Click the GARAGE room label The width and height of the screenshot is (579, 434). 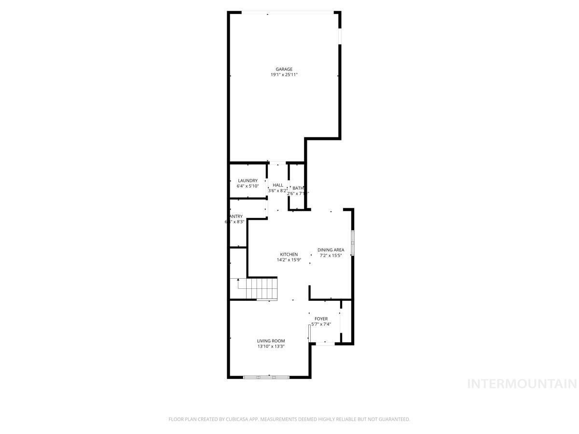coord(284,69)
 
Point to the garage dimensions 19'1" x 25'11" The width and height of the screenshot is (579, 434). coord(284,75)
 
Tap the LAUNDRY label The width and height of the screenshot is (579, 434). coord(248,181)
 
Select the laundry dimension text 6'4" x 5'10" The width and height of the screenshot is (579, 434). coord(248,186)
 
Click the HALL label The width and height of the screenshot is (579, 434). coord(278,185)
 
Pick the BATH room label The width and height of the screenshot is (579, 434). coord(298,188)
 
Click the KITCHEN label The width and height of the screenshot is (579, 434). coord(289,255)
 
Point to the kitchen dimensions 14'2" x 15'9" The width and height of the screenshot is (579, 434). coord(289,260)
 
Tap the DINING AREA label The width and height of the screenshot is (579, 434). coord(331,250)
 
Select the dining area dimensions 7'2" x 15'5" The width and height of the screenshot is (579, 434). coord(331,256)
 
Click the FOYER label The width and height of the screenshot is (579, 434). coord(321,319)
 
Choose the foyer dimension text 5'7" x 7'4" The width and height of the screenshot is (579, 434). coord(321,324)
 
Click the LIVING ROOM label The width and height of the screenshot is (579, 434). coord(271,341)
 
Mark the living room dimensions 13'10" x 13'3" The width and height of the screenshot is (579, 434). coord(271,346)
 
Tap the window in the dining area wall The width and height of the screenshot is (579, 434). coord(353,243)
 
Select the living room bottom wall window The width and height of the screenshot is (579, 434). coord(266,377)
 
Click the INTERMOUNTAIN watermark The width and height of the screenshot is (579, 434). coord(522,384)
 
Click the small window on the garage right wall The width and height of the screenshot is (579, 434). coord(340,36)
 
